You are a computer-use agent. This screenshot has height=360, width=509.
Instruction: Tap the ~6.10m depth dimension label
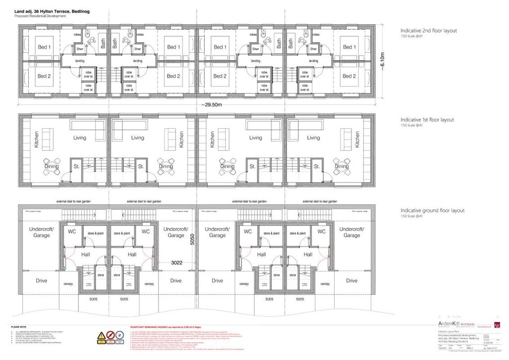[382, 62]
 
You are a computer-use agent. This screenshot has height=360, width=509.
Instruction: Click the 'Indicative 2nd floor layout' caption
[428, 31]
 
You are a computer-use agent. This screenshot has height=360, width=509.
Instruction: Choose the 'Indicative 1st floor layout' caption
[427, 120]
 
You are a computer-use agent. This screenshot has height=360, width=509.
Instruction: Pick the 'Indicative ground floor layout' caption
[432, 210]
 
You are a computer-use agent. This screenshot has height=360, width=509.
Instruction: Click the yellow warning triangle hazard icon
[102, 335]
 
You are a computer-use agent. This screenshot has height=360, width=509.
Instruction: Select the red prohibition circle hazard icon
[112, 335]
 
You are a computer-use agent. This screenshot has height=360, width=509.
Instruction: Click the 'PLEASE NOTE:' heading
[18, 327]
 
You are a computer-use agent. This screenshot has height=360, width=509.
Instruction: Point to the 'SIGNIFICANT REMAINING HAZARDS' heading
[162, 327]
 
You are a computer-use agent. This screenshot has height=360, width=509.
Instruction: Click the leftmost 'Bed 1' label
[44, 47]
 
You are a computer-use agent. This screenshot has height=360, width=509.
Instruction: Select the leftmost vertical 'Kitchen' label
[36, 141]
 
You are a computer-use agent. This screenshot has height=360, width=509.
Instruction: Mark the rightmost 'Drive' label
[351, 280]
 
